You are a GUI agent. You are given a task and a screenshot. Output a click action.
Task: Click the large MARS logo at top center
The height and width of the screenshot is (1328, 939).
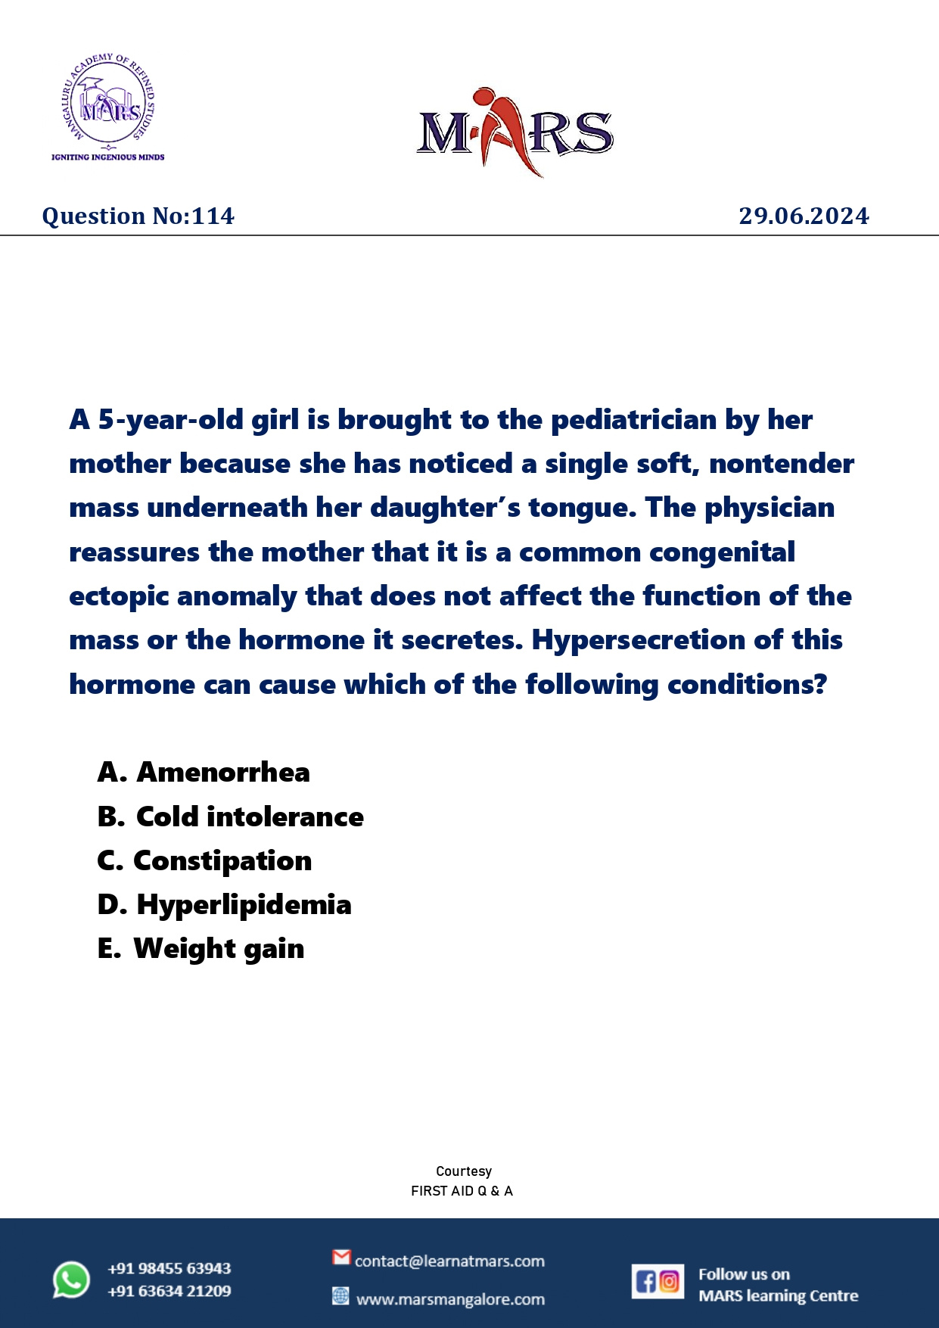point(515,132)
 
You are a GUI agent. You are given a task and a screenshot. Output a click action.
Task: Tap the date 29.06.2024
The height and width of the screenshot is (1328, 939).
point(804,216)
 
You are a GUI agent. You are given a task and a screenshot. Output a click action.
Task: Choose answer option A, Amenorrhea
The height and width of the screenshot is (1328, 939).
point(204,773)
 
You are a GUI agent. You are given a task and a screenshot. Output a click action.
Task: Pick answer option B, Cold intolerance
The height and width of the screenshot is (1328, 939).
point(231,817)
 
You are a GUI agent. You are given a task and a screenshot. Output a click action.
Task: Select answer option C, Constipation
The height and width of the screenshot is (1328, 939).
point(204,861)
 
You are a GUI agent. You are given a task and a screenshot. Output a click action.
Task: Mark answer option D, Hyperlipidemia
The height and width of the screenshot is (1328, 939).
point(225,905)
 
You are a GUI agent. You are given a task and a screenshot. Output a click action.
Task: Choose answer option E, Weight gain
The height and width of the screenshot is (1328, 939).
point(201,949)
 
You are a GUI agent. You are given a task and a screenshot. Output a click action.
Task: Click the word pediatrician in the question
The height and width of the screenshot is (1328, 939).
point(633,420)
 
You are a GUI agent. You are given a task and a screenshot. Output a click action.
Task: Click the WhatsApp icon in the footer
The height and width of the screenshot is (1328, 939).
point(71,1280)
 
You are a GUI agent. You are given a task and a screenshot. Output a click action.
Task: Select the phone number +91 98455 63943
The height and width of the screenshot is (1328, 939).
point(169,1268)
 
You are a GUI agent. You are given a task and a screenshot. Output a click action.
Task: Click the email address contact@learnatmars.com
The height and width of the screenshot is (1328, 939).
point(449,1261)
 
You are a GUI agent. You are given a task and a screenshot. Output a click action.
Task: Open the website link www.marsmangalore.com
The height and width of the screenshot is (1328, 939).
point(450,1299)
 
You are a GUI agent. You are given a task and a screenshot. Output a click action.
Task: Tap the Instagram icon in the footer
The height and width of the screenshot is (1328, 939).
point(670,1281)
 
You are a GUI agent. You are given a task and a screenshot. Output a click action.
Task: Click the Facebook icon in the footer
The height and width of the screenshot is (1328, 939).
point(645,1281)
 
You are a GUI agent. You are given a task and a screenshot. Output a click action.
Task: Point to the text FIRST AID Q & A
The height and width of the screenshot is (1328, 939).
point(462,1191)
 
